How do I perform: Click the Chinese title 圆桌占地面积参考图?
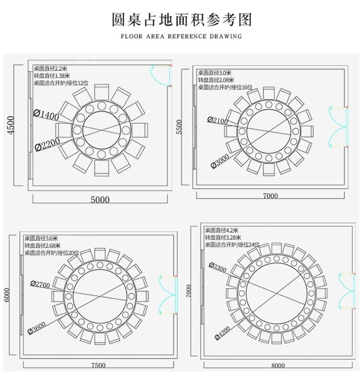click(181, 20)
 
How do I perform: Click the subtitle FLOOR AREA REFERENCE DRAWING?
click(181, 36)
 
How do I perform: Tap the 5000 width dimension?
click(100, 200)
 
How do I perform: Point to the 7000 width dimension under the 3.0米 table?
click(271, 196)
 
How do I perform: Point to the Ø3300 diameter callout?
click(218, 266)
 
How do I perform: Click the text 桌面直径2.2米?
click(51, 69)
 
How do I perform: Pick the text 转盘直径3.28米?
click(224, 237)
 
